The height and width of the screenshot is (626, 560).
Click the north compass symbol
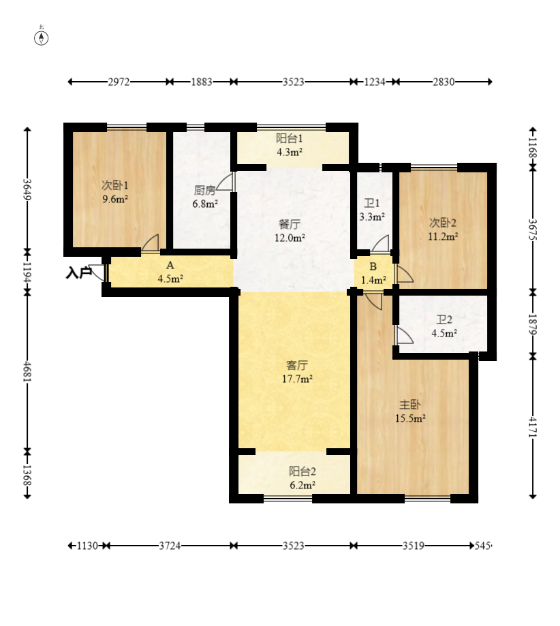click(41, 38)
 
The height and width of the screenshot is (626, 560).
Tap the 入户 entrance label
click(79, 273)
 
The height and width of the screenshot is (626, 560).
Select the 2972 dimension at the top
click(119, 82)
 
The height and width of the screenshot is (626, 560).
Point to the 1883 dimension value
click(201, 82)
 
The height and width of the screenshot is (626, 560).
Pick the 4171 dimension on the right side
click(533, 427)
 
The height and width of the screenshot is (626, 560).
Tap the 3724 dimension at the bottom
click(170, 546)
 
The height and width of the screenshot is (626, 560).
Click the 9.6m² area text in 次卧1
click(115, 199)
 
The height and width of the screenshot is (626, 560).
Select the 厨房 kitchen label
click(204, 190)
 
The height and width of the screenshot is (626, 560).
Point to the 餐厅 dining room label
click(289, 224)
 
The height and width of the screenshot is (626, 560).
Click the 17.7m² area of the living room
click(297, 379)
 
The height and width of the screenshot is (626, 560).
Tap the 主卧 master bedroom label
click(410, 405)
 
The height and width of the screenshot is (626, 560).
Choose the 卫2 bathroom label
click(444, 319)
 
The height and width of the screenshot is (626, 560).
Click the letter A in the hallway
click(170, 265)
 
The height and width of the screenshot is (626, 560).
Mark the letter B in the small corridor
click(373, 266)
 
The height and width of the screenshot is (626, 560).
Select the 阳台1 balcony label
click(289, 138)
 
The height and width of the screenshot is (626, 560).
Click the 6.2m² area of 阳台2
click(302, 485)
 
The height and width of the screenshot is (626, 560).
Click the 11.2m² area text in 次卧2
click(443, 236)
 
